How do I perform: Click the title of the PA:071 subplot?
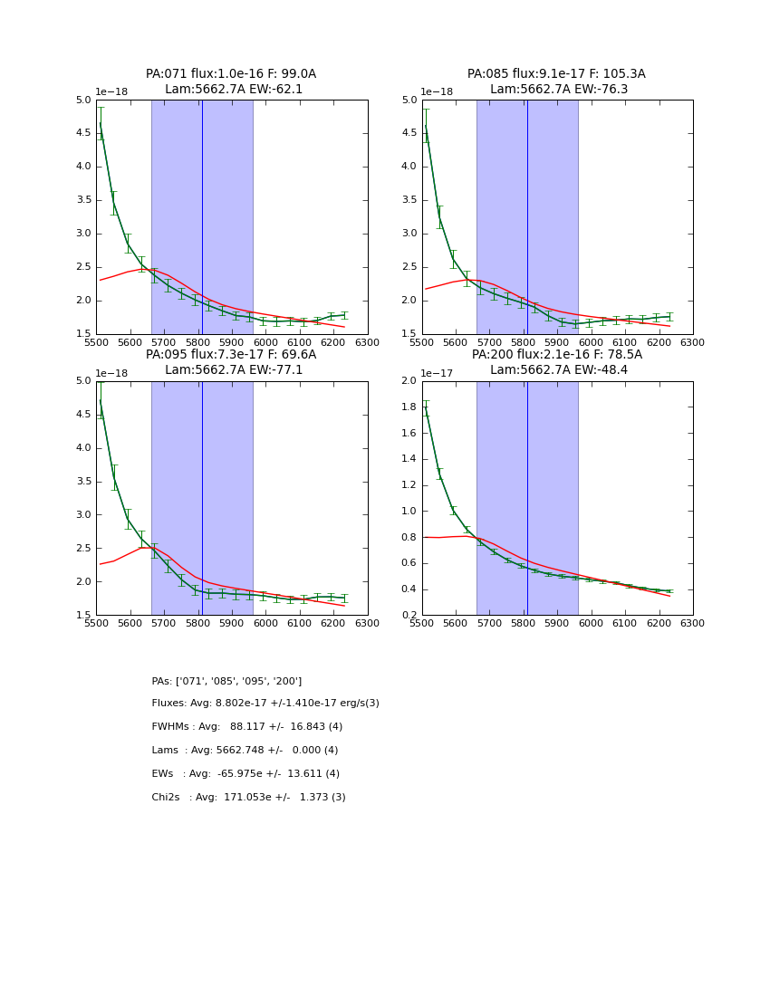[x=231, y=81]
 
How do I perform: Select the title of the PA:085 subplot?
[x=556, y=81]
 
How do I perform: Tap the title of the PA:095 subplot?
[x=231, y=362]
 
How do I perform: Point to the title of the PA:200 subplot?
[x=556, y=362]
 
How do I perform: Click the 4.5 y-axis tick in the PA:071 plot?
[x=83, y=133]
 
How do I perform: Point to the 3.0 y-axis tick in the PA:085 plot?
[x=409, y=234]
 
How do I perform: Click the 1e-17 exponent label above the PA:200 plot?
[x=437, y=373]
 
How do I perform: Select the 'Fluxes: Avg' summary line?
[x=265, y=704]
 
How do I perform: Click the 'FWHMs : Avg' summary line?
[x=247, y=727]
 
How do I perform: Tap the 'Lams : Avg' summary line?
[x=245, y=751]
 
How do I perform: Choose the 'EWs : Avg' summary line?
[x=245, y=774]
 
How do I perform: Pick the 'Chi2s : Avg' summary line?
[x=248, y=798]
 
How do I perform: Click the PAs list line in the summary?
[x=226, y=681]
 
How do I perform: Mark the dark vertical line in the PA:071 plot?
[x=202, y=217]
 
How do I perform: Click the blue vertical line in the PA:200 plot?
[x=527, y=498]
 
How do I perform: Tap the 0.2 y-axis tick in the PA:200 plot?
[x=409, y=616]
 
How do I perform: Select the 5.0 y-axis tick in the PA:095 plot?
[x=83, y=381]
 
